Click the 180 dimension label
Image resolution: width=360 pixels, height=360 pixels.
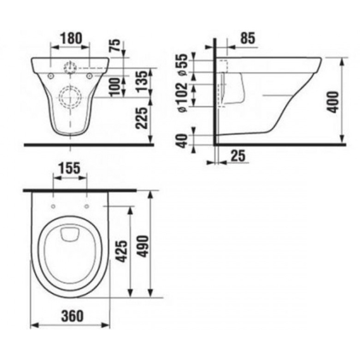click(x=71, y=38)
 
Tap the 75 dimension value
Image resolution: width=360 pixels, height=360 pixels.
click(x=115, y=45)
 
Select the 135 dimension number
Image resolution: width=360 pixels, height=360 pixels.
click(x=141, y=81)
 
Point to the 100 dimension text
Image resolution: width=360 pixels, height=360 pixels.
click(x=115, y=87)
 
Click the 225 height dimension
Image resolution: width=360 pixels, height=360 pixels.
click(x=141, y=118)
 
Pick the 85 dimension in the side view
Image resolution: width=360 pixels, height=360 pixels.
click(x=248, y=38)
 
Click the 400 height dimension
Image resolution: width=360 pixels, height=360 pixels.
click(x=333, y=102)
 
